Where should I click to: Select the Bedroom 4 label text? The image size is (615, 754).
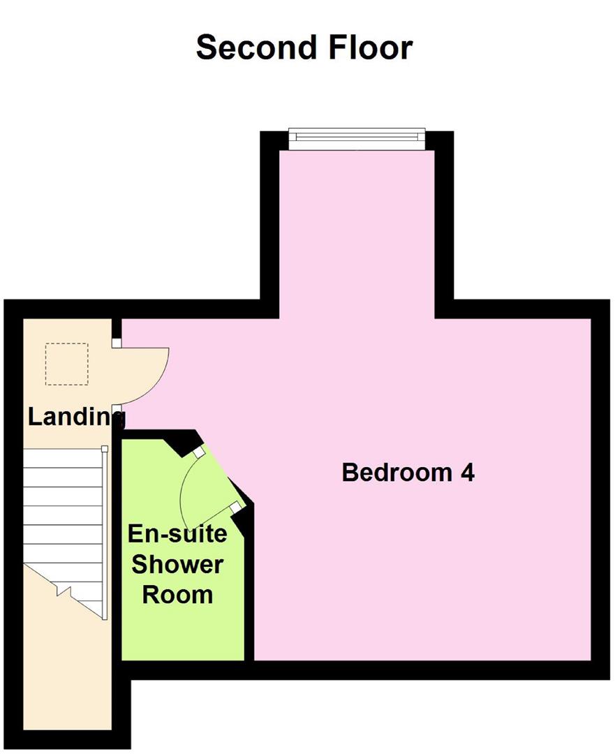click(x=408, y=473)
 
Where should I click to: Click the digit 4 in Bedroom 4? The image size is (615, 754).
click(x=467, y=473)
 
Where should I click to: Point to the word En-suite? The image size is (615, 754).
click(x=177, y=534)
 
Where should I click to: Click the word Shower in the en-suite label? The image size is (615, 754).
click(x=177, y=564)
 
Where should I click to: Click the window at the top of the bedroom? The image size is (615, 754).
click(x=357, y=138)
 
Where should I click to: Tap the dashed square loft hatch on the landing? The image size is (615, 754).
click(x=67, y=364)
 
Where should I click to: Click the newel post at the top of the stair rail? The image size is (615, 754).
click(x=104, y=448)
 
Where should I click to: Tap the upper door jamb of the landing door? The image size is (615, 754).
click(x=117, y=343)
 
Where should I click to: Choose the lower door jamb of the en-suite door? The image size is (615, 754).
click(x=237, y=505)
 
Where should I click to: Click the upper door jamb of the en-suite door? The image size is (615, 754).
click(x=198, y=452)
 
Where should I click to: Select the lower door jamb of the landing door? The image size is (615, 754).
click(x=117, y=408)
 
